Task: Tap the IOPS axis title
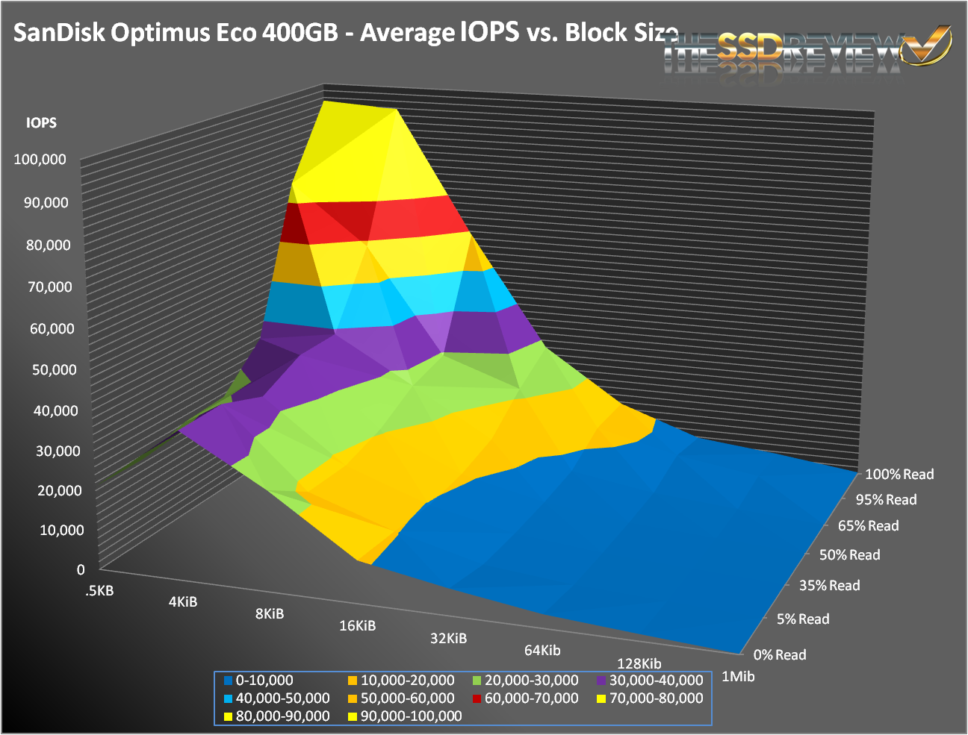pyautogui.click(x=41, y=123)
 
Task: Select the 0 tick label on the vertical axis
pyautogui.click(x=81, y=569)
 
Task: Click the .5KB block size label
pyautogui.click(x=99, y=591)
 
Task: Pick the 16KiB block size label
pyautogui.click(x=357, y=625)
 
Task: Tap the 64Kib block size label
pyautogui.click(x=542, y=650)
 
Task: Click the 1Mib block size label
pyautogui.click(x=737, y=677)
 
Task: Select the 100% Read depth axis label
pyautogui.click(x=899, y=475)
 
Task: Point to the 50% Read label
pyautogui.click(x=849, y=555)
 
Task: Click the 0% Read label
pyautogui.click(x=780, y=655)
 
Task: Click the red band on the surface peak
pyautogui.click(x=373, y=219)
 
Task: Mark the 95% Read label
pyautogui.click(x=886, y=500)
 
